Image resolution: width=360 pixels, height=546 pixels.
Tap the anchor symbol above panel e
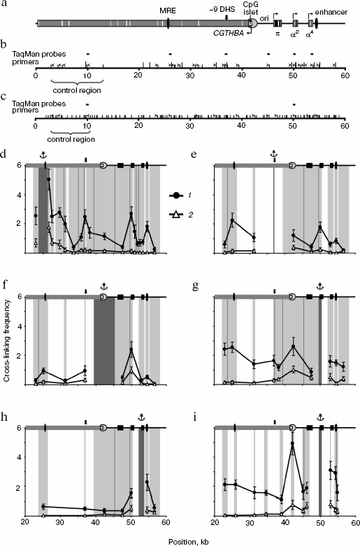274,155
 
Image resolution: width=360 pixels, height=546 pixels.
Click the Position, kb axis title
180,540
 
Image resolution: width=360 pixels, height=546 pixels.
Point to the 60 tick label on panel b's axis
344,76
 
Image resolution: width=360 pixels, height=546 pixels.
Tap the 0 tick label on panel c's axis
35,127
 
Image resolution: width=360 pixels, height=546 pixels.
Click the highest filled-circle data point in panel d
48,180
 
